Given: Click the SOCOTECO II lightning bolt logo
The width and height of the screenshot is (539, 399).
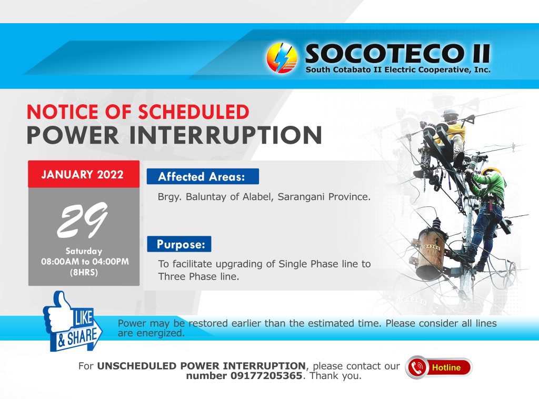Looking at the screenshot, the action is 282,58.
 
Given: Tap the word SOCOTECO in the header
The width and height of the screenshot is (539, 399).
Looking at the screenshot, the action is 384,54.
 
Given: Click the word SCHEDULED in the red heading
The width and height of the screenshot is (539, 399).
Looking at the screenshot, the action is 194,112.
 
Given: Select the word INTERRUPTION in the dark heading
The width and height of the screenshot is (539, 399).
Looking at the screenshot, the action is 225,135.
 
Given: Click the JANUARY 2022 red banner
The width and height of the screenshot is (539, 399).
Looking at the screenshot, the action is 84,174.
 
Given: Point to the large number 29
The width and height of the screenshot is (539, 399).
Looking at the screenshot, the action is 83,220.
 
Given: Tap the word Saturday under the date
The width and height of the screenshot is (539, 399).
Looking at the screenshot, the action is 84,251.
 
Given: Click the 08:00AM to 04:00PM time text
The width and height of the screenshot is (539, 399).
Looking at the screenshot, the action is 85,262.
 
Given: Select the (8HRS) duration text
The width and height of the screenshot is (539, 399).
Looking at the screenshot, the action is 84,273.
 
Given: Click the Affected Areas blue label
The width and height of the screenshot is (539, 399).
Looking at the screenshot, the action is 203,176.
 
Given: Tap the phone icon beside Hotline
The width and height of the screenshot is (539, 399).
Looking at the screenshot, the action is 417,367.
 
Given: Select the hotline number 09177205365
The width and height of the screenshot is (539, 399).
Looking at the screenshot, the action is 266,376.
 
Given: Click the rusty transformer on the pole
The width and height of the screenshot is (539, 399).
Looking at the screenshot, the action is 430,253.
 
